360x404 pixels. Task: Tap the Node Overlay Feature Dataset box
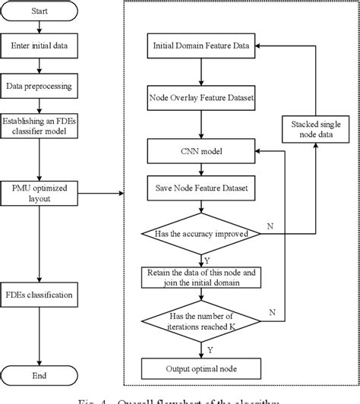[x=201, y=99]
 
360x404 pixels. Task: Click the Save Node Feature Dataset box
[x=201, y=185]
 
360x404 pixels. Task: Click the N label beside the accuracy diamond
[x=270, y=227]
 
